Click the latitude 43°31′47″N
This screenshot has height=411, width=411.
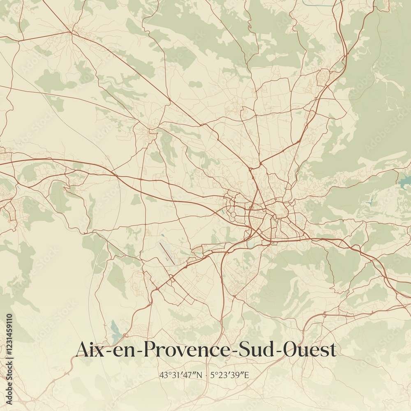[x=182, y=375]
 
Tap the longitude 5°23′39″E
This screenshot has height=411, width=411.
[x=230, y=375]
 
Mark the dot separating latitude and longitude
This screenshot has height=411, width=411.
[x=206, y=375]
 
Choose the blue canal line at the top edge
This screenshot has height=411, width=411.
[x=321, y=4]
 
